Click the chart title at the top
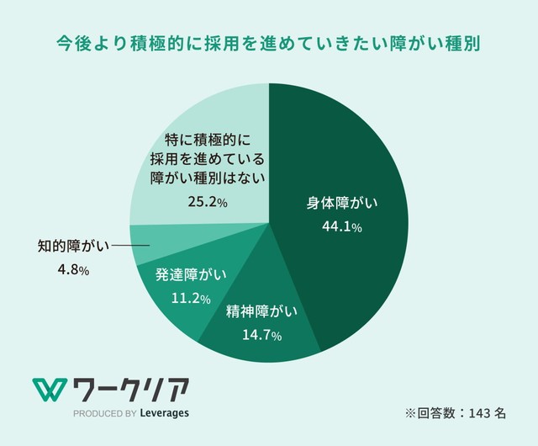click(268, 42)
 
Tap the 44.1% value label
click(341, 227)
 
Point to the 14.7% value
click(261, 335)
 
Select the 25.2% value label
click(207, 202)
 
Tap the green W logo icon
click(49, 390)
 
